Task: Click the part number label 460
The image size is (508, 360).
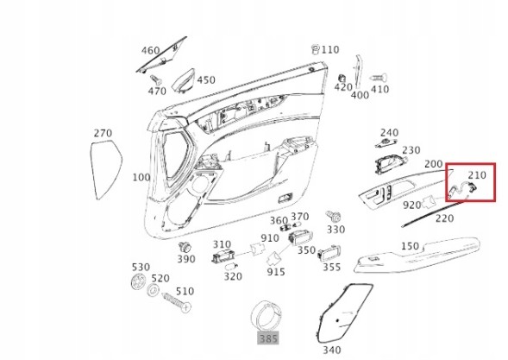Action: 150,52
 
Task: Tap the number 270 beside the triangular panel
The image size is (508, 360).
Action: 103,134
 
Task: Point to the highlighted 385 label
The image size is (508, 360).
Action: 268,339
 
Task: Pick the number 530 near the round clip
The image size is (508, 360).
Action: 140,268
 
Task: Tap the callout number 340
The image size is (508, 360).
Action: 331,350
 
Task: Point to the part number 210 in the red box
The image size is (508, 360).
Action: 478,175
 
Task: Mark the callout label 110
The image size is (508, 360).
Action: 329,50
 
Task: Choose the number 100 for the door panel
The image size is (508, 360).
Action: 141,177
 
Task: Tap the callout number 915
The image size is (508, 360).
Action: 276,272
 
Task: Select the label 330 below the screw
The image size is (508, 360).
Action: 336,231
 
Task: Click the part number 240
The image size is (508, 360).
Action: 390,133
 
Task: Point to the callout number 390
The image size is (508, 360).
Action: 186,259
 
